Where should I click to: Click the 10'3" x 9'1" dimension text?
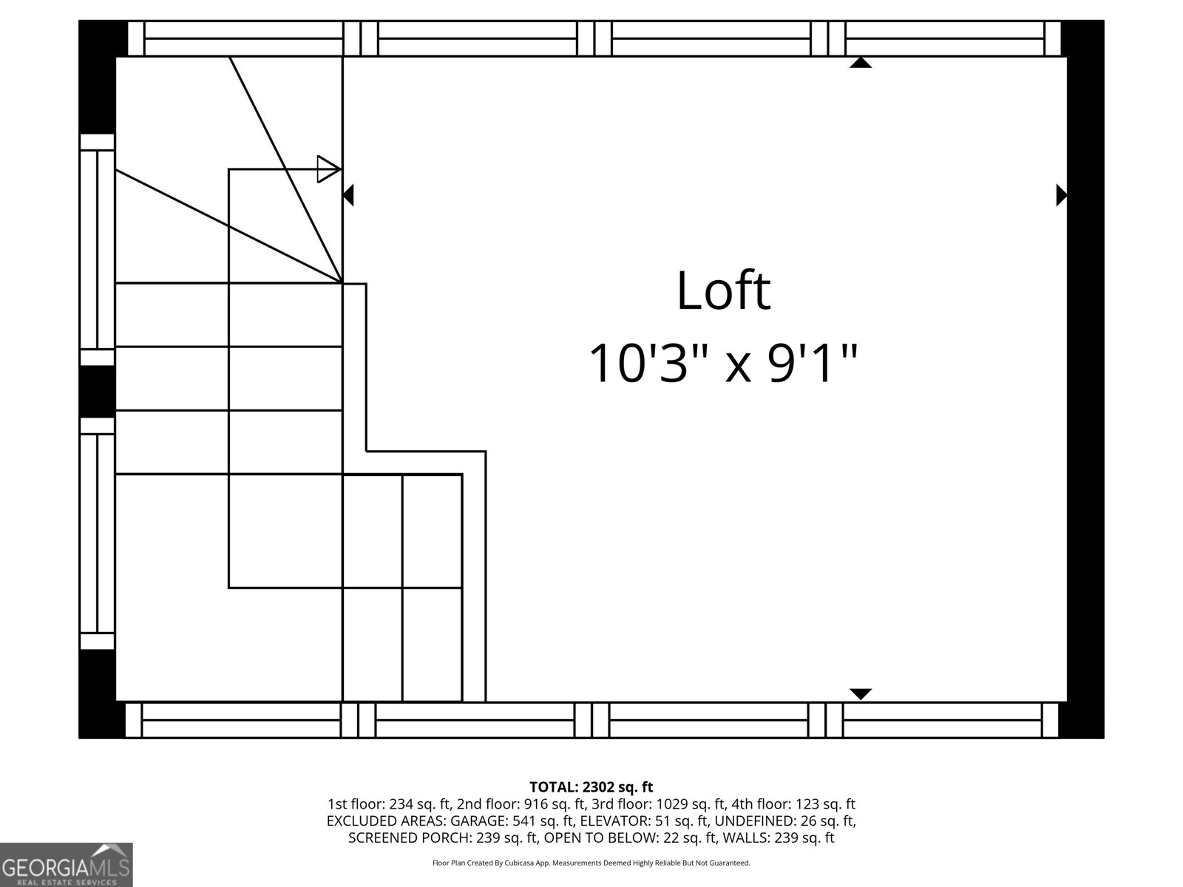click(723, 363)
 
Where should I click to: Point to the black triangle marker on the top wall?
click(860, 63)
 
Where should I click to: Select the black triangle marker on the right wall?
click(1062, 195)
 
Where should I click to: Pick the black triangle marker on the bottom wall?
click(860, 694)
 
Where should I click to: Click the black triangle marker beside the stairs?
click(348, 195)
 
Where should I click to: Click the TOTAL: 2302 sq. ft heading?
click(591, 787)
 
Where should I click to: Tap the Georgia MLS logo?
click(66, 865)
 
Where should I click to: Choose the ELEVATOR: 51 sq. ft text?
click(643, 821)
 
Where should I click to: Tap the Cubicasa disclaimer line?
click(591, 863)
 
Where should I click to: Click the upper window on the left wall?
click(97, 250)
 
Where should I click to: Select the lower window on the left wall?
click(97, 533)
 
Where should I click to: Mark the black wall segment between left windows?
click(97, 391)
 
